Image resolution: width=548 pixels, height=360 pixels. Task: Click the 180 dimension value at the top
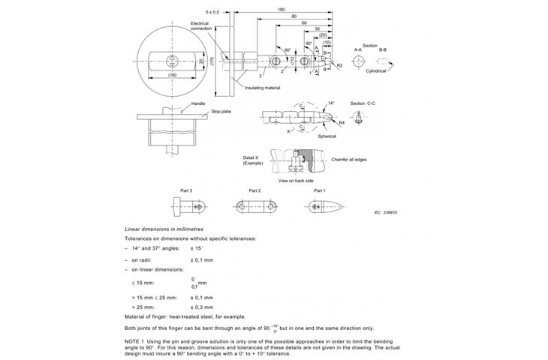(280, 10)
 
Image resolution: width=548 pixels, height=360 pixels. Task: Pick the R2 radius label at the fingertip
(340, 66)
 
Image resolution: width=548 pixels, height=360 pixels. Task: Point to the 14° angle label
(331, 103)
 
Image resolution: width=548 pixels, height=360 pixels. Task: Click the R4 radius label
(342, 121)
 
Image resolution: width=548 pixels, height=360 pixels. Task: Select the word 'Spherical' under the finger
(326, 136)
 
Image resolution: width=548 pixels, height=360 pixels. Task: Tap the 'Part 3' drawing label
(185, 190)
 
